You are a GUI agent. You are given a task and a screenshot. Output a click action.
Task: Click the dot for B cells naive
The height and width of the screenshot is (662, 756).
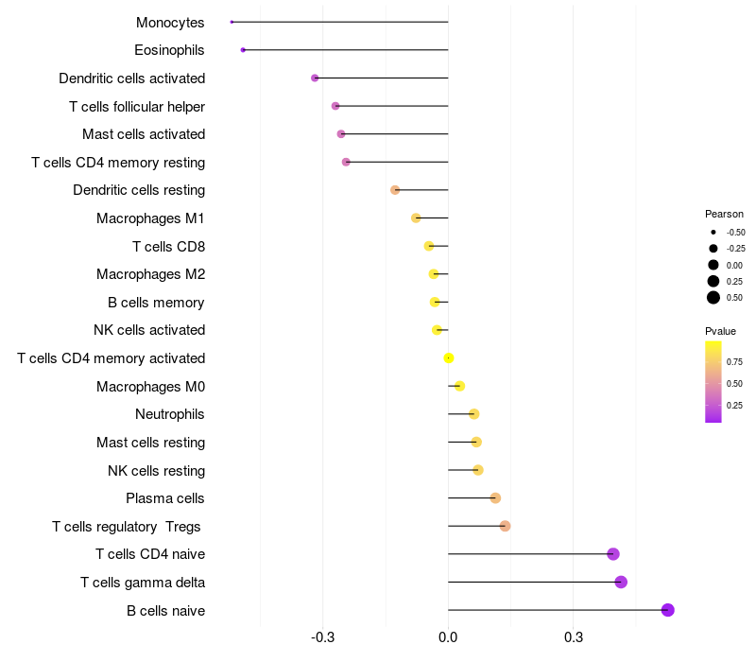click(668, 610)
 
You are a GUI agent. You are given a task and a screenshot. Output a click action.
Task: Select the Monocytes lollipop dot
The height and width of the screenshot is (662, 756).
click(232, 22)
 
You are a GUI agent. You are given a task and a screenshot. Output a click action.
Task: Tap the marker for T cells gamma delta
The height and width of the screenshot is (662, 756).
click(621, 582)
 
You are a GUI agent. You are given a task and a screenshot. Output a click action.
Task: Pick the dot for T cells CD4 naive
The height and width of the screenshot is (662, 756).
click(613, 554)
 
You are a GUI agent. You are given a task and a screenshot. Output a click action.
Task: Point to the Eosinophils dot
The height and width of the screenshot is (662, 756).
click(243, 49)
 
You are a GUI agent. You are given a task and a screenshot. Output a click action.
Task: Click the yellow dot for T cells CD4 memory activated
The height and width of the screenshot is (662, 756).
click(449, 357)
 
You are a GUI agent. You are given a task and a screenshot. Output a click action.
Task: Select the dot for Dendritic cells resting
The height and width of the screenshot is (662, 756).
click(395, 190)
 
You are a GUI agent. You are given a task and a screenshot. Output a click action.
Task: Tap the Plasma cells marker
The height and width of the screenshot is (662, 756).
click(495, 498)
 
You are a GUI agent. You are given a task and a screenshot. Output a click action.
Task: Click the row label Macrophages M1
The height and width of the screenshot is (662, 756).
click(150, 218)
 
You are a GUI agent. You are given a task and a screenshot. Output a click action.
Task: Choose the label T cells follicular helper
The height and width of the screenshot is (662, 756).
click(137, 106)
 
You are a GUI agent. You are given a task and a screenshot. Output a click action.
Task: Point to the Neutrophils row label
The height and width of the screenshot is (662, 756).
click(170, 414)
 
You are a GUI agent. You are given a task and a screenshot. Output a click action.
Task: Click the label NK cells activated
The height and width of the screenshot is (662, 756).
click(149, 330)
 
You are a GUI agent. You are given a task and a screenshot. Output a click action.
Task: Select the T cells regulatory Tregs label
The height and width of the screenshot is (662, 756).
click(127, 526)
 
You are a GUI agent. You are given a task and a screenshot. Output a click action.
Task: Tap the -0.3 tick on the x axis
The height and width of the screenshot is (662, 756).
click(323, 638)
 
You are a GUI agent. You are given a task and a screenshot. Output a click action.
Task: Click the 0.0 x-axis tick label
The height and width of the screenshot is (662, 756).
click(448, 638)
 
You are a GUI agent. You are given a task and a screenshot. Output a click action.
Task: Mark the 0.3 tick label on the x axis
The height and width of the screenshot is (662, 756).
click(573, 638)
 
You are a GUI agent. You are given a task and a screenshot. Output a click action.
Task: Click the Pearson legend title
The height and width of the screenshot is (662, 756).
click(724, 214)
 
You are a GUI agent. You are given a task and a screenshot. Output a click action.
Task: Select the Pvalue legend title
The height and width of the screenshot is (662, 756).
click(720, 331)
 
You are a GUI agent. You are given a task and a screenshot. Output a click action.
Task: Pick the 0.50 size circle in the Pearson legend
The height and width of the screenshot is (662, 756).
click(713, 298)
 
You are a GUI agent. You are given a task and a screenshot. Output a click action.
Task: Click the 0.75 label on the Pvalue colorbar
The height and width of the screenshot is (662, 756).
click(734, 361)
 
